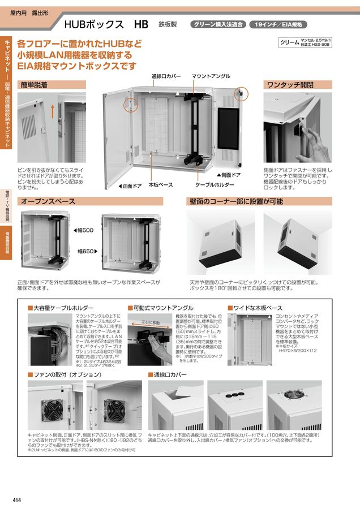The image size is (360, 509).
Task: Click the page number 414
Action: click(x=17, y=499)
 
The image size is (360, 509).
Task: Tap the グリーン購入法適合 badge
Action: click(x=218, y=25)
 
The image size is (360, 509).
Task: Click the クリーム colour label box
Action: click(x=306, y=42)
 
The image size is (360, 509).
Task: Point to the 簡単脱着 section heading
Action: click(x=35, y=85)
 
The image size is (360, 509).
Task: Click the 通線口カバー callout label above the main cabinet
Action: click(x=166, y=76)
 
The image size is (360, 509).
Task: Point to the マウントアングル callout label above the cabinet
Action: click(x=211, y=76)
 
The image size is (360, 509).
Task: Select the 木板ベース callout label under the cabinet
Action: click(x=160, y=185)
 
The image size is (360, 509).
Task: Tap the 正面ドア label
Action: click(x=130, y=186)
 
